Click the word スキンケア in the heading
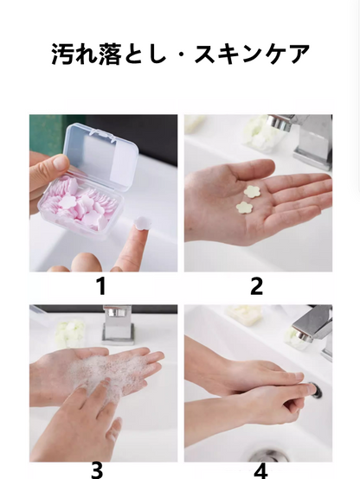coord(252,54)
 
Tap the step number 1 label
coord(101,286)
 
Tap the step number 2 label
coord(256,286)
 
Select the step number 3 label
coord(97,470)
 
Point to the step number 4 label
coord(260,471)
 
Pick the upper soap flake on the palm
coord(252,191)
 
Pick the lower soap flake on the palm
coord(244,208)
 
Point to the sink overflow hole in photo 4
coord(316,391)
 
